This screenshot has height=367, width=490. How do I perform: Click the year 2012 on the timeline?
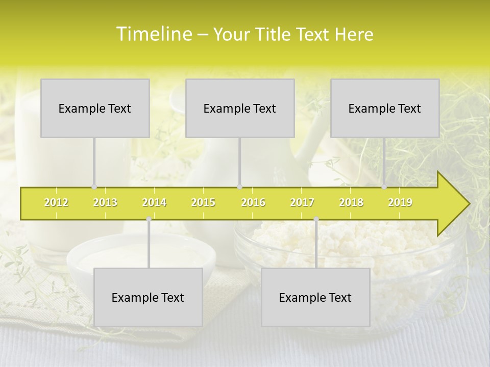56,202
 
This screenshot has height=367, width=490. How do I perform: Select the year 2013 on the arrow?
105,202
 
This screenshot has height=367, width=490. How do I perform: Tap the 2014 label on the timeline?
154,202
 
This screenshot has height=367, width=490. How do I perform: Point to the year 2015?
203,202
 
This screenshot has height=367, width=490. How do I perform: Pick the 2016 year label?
253,202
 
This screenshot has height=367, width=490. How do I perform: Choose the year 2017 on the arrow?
302,202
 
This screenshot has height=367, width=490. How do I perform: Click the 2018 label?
351,202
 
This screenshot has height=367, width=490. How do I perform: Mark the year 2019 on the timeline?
400,202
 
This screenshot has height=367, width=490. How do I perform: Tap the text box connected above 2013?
95,108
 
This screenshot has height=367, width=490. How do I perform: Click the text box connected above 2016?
240,108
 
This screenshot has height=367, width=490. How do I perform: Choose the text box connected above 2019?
385,108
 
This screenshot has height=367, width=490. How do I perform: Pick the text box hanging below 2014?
148,297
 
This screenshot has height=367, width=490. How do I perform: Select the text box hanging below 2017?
315,297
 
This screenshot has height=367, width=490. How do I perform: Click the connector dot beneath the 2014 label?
149,219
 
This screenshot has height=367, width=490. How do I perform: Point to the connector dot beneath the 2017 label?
316,219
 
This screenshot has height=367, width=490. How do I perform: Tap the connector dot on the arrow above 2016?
240,187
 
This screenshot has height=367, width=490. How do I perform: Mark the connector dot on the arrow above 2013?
94,187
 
